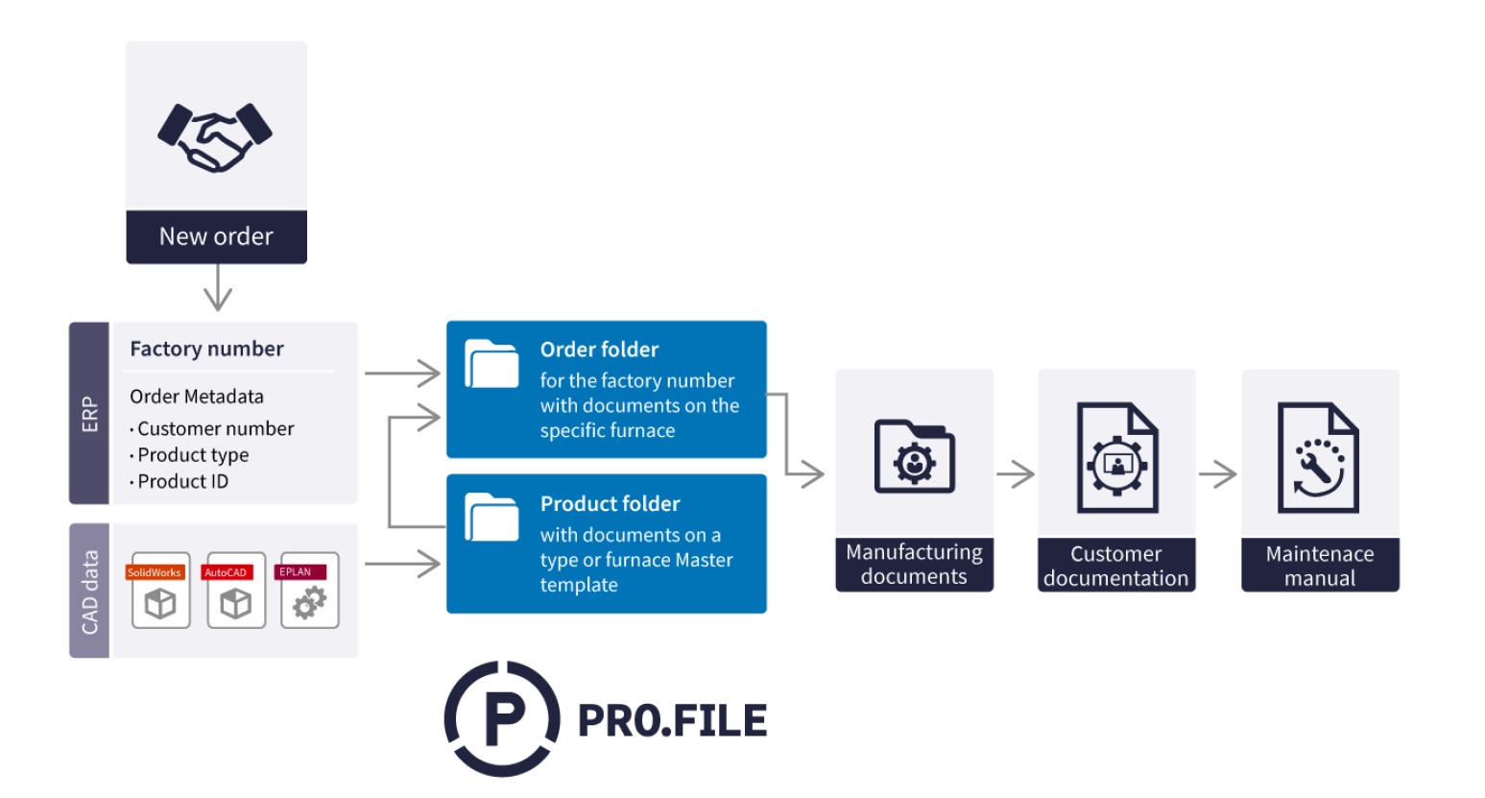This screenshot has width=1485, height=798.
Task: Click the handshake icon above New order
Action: tap(215, 136)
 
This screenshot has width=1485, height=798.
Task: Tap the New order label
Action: tap(216, 237)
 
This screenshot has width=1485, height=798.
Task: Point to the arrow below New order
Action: tap(218, 287)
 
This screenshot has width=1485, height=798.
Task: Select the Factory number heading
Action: tap(206, 349)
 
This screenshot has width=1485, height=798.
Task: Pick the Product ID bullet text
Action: tap(182, 481)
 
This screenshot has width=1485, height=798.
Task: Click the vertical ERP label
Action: tap(89, 414)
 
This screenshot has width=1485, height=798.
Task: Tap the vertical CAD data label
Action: tap(89, 592)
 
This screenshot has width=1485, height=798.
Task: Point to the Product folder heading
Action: tap(610, 504)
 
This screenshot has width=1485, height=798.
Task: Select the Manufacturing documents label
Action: tap(914, 565)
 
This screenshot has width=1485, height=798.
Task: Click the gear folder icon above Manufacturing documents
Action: tap(914, 456)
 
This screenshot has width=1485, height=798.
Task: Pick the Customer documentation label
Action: tap(1115, 566)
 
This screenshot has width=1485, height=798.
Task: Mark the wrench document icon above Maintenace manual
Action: tap(1318, 458)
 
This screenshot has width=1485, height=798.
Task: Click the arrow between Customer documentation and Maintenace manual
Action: tap(1218, 474)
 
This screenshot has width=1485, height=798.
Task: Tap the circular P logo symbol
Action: tap(502, 718)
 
